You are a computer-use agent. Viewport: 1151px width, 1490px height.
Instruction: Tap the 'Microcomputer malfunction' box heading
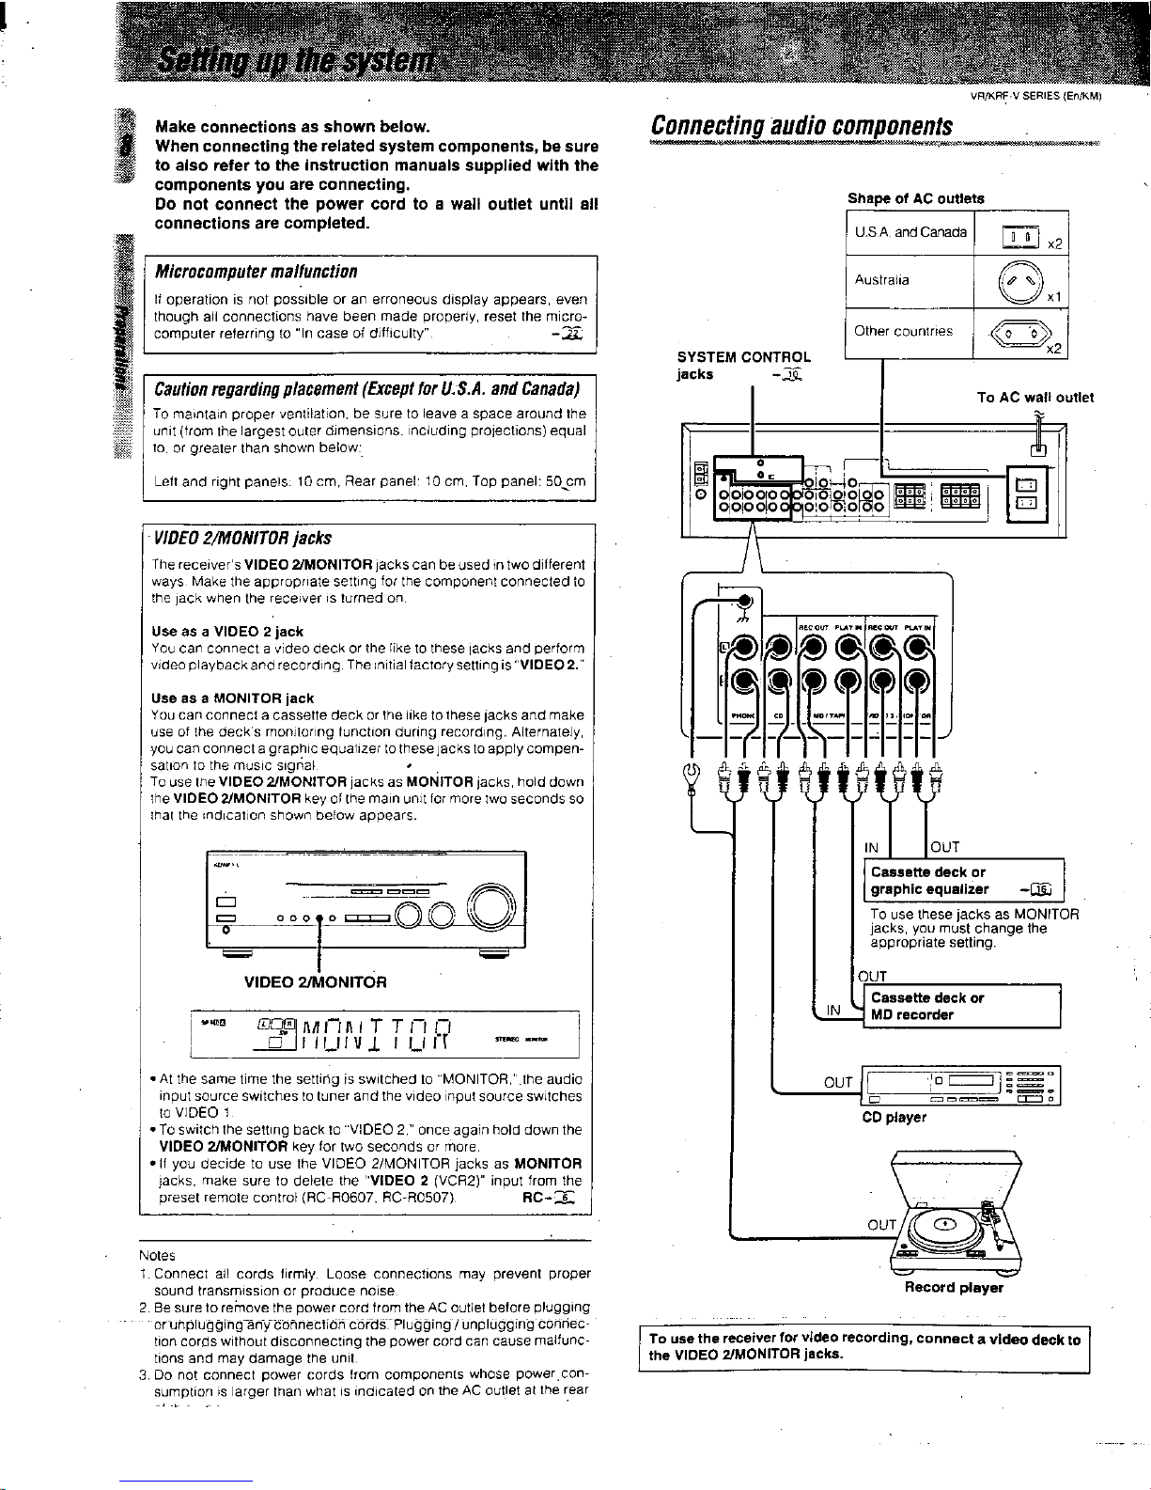(x=256, y=272)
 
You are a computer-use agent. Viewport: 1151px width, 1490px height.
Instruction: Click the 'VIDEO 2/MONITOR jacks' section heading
(x=242, y=538)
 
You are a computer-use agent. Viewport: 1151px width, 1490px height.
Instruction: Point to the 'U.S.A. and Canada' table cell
(x=910, y=232)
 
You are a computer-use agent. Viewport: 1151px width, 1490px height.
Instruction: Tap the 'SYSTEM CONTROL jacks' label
(x=743, y=366)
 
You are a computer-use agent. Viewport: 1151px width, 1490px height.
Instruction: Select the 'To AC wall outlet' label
(x=1034, y=398)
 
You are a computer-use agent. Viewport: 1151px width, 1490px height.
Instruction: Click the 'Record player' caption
(x=953, y=1288)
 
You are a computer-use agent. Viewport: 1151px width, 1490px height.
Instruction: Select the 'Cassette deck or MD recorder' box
(x=959, y=1007)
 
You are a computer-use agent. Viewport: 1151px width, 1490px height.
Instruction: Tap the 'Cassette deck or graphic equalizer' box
(x=964, y=881)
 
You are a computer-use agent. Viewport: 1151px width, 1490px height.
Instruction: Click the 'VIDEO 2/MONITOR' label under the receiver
(x=316, y=983)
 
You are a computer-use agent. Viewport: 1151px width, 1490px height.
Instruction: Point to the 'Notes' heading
(x=157, y=1255)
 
